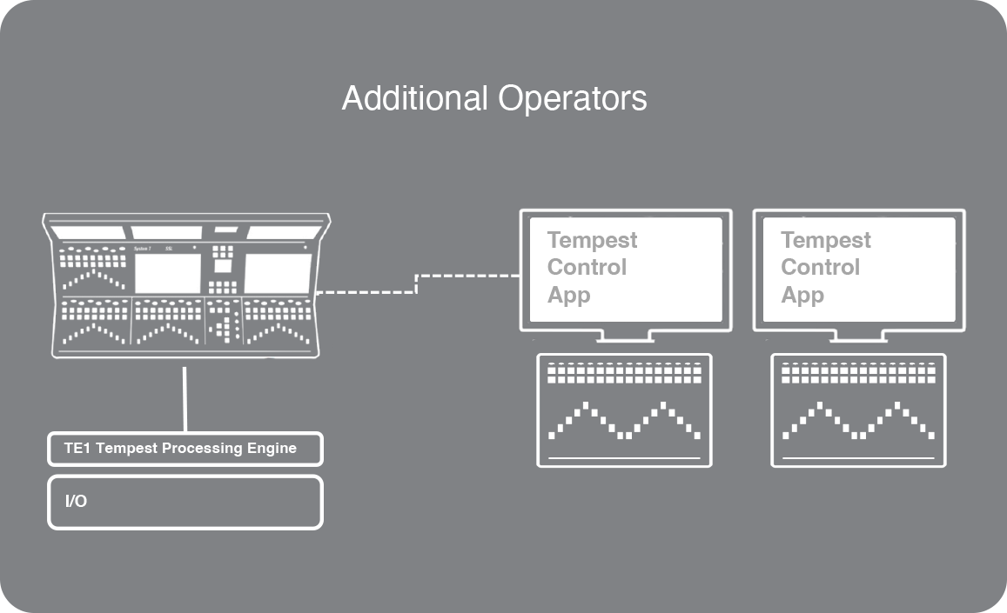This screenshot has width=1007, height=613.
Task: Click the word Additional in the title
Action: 417,98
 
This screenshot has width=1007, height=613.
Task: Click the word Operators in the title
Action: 572,98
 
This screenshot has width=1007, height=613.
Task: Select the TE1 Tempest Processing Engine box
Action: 185,449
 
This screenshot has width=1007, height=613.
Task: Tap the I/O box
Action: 185,502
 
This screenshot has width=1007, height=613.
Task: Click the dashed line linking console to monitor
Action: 417,283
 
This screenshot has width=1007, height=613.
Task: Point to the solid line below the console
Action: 185,398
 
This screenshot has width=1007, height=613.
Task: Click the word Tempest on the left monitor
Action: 592,240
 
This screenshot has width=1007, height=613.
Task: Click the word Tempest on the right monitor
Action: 825,240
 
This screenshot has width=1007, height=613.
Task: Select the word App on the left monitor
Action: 568,296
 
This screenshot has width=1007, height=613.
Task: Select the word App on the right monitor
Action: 802,296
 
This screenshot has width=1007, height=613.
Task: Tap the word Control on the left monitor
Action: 587,268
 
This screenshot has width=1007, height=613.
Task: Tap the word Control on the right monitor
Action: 820,268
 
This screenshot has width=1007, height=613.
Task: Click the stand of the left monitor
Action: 625,336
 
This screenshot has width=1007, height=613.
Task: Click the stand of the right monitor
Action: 858,336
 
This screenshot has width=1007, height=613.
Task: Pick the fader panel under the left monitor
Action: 624,410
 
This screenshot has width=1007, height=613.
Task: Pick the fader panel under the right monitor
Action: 858,410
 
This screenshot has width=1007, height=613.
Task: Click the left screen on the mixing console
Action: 167,273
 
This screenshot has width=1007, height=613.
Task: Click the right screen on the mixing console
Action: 277,273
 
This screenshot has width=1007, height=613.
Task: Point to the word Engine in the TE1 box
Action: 273,449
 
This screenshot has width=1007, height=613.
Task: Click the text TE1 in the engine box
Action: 77,449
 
